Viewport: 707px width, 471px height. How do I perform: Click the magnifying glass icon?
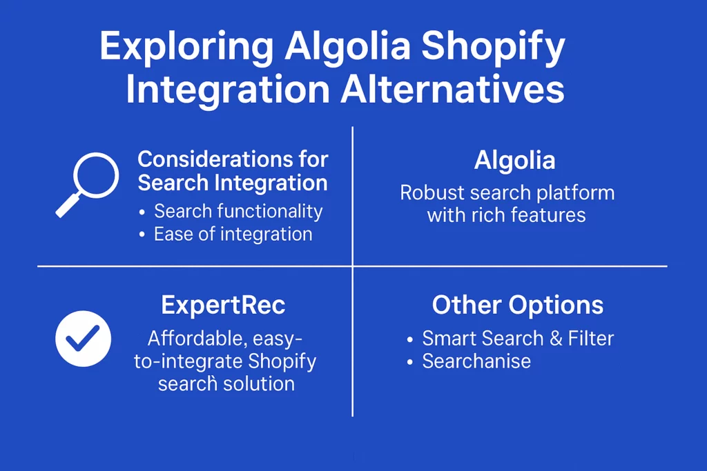pyautogui.click(x=96, y=176)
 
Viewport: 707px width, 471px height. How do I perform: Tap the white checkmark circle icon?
pyautogui.click(x=84, y=339)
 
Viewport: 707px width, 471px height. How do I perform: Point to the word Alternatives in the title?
pyautogui.click(x=452, y=89)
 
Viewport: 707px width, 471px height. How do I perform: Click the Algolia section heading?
pyautogui.click(x=514, y=160)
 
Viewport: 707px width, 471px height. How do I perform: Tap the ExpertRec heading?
pyautogui.click(x=223, y=305)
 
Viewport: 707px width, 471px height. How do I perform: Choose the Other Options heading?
pyautogui.click(x=518, y=305)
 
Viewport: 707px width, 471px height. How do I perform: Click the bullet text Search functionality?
pyautogui.click(x=238, y=211)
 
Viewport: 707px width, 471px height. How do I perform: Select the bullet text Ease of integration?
pyautogui.click(x=233, y=234)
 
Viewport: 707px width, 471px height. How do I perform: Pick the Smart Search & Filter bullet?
pyautogui.click(x=518, y=338)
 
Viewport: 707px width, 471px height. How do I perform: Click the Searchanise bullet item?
pyautogui.click(x=476, y=361)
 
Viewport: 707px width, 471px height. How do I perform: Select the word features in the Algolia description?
pyautogui.click(x=552, y=215)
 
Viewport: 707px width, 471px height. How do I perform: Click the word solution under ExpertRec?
pyautogui.click(x=259, y=384)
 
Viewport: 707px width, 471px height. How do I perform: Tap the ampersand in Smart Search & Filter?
pyautogui.click(x=556, y=339)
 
